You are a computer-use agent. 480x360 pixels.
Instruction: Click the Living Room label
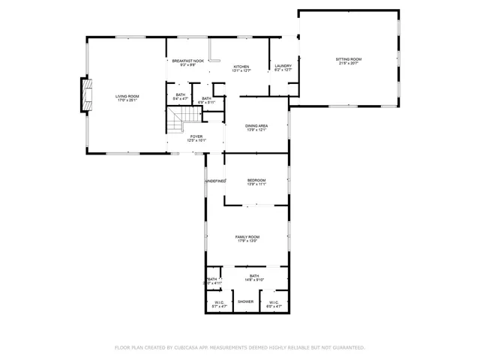pyautogui.click(x=127, y=95)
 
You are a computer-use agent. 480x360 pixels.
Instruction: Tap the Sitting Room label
pyautogui.click(x=348, y=58)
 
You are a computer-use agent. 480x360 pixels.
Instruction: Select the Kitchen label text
pyautogui.click(x=241, y=67)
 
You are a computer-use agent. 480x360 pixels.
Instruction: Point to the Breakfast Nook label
pyautogui.click(x=187, y=61)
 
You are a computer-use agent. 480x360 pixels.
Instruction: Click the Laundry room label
pyautogui.click(x=283, y=66)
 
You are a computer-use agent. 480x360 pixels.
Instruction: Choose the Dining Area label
pyautogui.click(x=257, y=125)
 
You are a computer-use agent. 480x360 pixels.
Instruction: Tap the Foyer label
pyautogui.click(x=196, y=136)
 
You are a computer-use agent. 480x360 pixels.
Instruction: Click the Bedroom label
pyautogui.click(x=257, y=179)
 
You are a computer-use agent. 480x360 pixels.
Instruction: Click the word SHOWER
pyautogui.click(x=246, y=301)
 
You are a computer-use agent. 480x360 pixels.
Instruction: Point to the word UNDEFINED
pyautogui.click(x=216, y=181)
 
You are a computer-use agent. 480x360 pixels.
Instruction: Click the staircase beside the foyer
pyautogui.click(x=183, y=118)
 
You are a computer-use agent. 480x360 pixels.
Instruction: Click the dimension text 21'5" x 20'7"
pyautogui.click(x=348, y=63)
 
